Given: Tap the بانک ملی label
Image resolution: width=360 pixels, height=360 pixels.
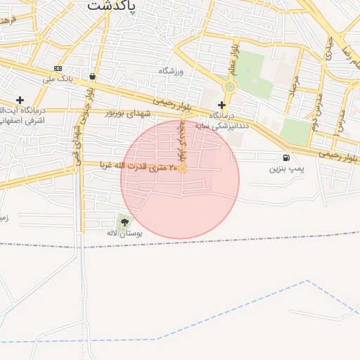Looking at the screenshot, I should coord(58,79).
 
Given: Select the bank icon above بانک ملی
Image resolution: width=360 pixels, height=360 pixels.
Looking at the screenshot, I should coord(58,68).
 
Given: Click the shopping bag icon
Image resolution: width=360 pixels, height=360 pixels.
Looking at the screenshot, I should coord(93,76).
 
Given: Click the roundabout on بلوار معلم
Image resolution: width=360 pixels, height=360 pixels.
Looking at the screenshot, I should coord(229,86).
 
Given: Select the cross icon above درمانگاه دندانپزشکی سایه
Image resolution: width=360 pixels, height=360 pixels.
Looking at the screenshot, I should coord(221,105).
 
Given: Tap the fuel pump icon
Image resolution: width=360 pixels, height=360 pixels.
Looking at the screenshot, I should coord(285,157).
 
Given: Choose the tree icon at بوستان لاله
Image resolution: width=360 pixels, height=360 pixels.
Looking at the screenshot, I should coord(124,222).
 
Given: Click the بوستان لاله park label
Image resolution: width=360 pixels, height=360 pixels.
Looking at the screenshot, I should coord(124,233).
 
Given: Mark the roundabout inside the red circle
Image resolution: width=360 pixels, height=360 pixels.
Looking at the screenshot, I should coord(183,168).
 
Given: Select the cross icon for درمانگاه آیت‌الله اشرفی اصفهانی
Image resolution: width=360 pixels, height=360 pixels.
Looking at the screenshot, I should coord(20,101).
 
